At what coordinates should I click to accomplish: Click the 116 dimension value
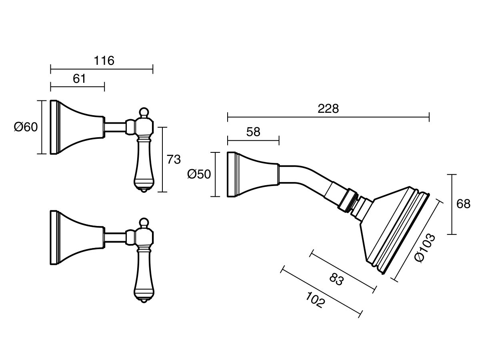coord(104,61)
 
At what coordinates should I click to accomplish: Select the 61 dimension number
coord(79,79)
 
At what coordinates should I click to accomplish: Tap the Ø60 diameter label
coord(26,127)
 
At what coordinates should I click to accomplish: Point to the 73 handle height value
coord(174,159)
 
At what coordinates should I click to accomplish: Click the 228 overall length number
coord(328,109)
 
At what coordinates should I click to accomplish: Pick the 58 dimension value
coord(253,132)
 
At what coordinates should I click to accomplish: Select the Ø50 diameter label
coord(199,174)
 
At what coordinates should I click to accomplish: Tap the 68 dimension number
coord(463,204)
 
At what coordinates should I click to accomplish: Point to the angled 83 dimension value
coord(337,279)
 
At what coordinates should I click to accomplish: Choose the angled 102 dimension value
coord(315,300)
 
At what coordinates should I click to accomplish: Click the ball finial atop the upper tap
coord(144,112)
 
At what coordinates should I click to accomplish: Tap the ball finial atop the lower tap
coord(144,222)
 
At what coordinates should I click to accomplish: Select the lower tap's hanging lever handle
coord(144,276)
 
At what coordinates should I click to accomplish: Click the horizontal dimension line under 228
coord(328,117)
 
